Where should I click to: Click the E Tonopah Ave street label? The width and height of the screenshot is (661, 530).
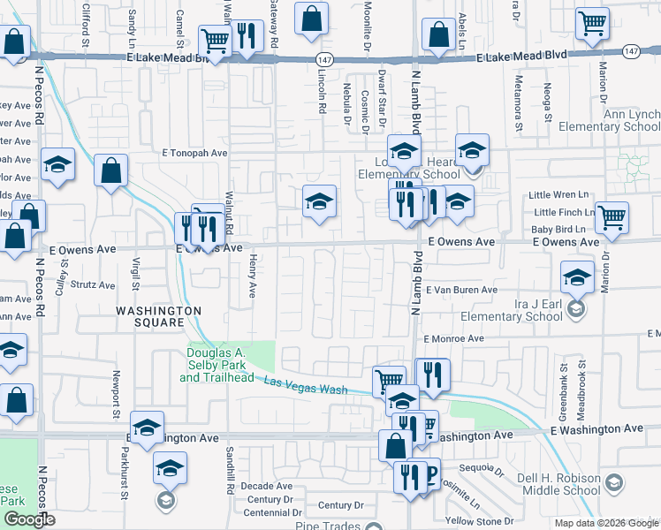(x=194, y=153)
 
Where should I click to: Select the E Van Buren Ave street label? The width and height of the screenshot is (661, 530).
(x=461, y=290)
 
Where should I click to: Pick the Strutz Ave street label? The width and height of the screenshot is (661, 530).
(x=93, y=285)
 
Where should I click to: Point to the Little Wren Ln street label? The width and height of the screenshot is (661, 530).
(x=558, y=194)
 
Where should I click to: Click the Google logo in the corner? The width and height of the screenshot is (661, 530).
(x=29, y=519)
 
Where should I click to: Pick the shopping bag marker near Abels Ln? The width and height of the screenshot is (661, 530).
(x=439, y=34)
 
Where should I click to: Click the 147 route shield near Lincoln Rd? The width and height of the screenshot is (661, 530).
(x=323, y=57)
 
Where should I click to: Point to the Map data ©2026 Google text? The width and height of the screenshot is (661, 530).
(x=605, y=523)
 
